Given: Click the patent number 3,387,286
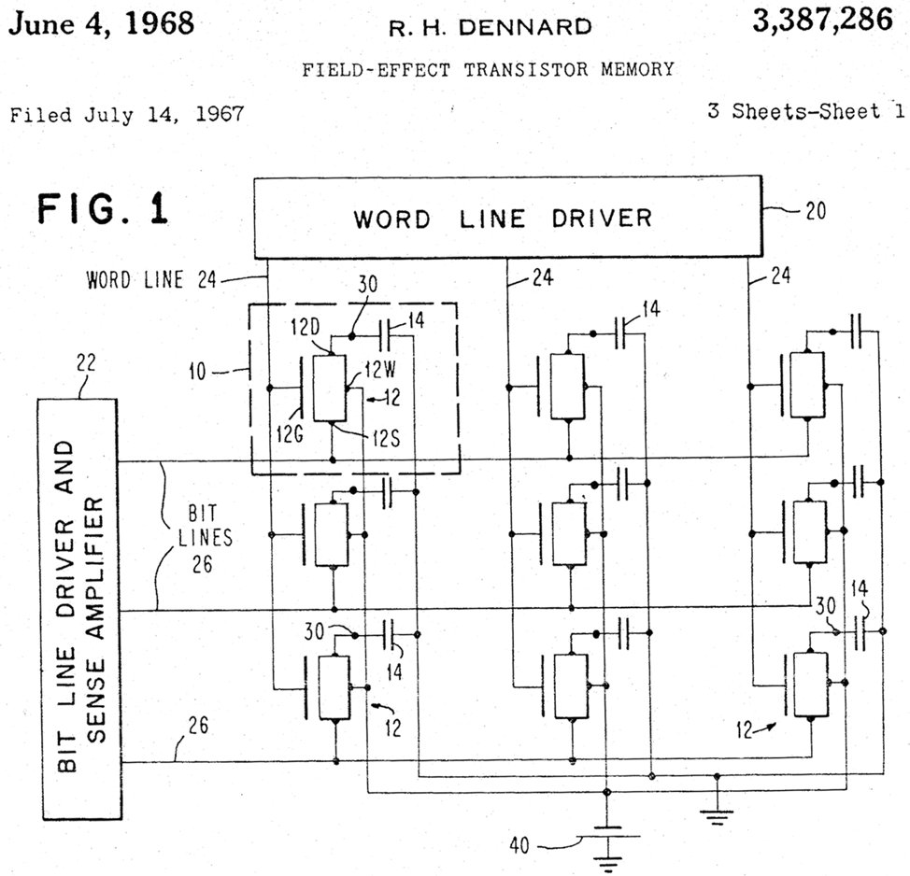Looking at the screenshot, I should pos(823,21).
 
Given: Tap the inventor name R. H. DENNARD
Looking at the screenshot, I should pos(490,27).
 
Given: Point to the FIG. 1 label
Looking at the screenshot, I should pos(103,208).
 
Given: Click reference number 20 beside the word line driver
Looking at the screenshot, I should pos(815,210).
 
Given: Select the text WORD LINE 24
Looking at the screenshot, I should pos(155,278).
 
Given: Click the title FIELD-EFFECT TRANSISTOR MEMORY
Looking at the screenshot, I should pos(488,69).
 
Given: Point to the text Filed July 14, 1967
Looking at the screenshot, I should pos(126,115).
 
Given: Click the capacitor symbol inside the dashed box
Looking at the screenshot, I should pos(388,333).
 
